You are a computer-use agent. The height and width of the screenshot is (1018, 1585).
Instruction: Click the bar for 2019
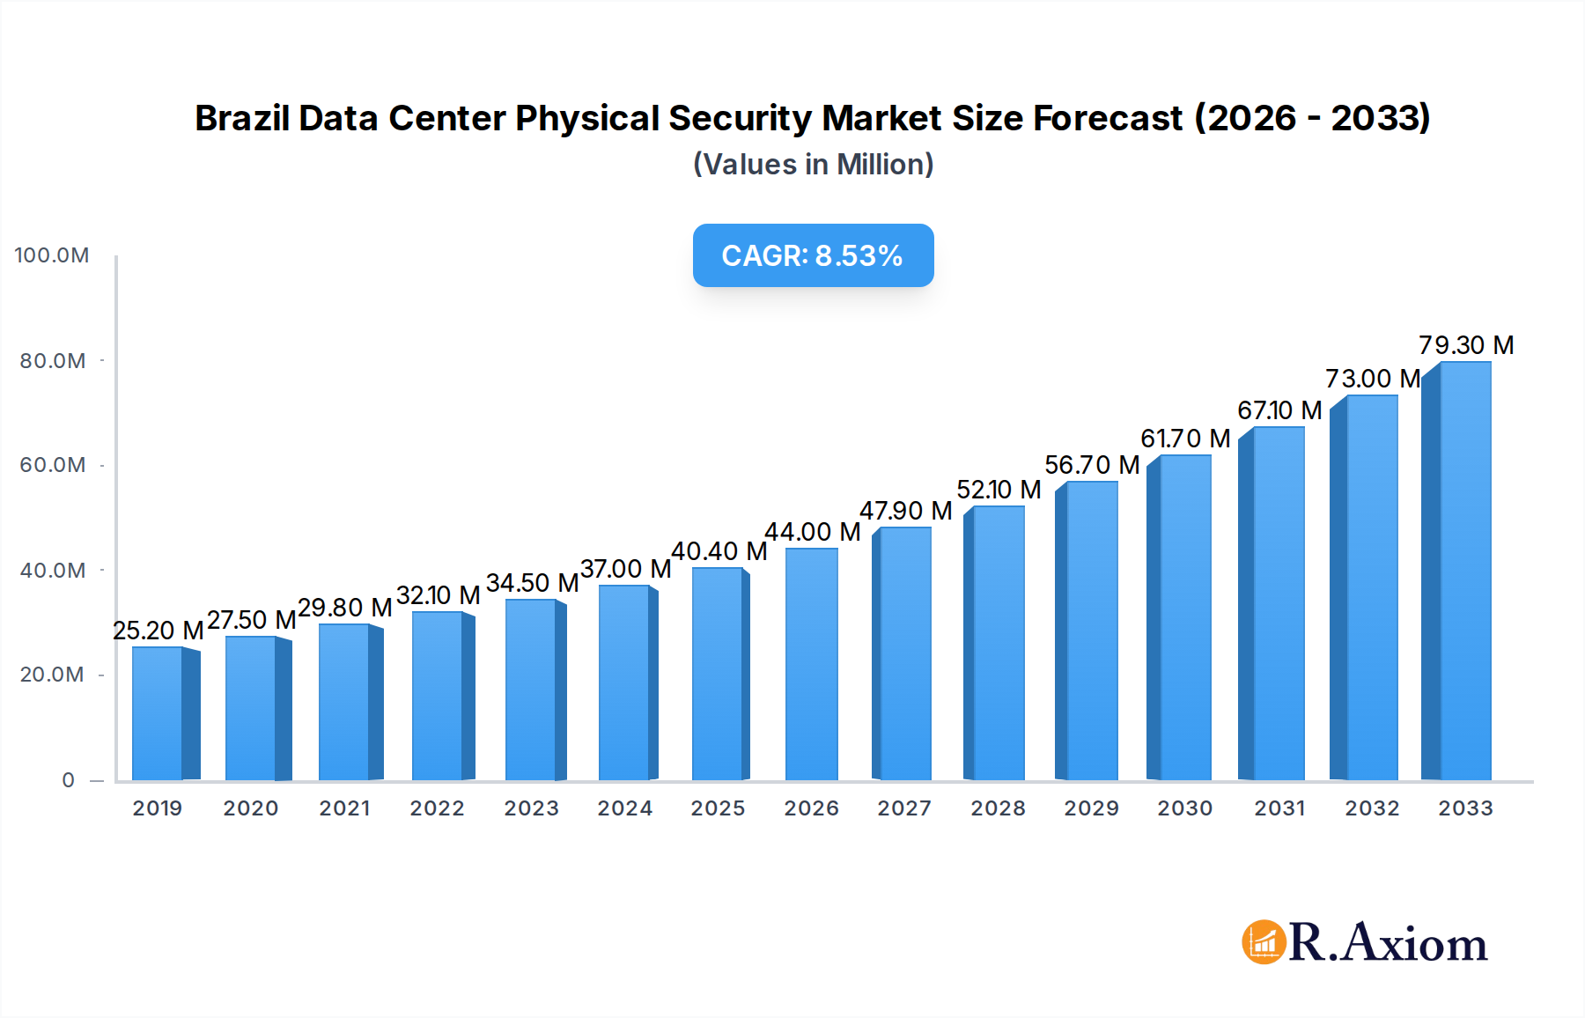[x=158, y=713]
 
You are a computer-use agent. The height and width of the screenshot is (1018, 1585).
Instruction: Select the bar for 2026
[x=811, y=664]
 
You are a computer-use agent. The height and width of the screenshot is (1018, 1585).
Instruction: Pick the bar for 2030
[x=1185, y=616]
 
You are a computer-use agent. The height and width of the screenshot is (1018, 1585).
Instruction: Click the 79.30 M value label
[x=1466, y=345]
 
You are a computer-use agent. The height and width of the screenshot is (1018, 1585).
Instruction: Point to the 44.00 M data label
[x=812, y=532]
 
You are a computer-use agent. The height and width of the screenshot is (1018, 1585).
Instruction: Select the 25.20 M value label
[x=158, y=631]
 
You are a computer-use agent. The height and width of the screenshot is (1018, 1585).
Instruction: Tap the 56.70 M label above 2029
[x=1092, y=465]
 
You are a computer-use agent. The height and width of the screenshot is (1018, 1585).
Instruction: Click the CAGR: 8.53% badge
[x=813, y=255]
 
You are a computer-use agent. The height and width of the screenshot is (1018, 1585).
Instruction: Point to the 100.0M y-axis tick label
[x=52, y=255]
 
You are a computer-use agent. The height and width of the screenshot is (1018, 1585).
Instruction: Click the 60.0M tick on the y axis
[x=53, y=465]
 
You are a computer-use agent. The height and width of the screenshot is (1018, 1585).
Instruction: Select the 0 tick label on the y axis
[x=68, y=780]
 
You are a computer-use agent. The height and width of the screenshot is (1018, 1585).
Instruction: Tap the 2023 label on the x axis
[x=531, y=808]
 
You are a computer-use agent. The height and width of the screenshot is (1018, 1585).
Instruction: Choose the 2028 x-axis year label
[x=998, y=808]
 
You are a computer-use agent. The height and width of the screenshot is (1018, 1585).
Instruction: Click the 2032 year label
[x=1372, y=808]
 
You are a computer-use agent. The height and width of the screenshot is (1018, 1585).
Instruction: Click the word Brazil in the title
[x=242, y=118]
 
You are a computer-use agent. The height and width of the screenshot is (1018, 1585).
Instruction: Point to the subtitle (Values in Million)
[x=813, y=165]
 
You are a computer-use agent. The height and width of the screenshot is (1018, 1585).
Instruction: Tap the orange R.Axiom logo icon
[x=1264, y=942]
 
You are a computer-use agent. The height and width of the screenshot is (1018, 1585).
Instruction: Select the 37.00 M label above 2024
[x=625, y=569]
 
